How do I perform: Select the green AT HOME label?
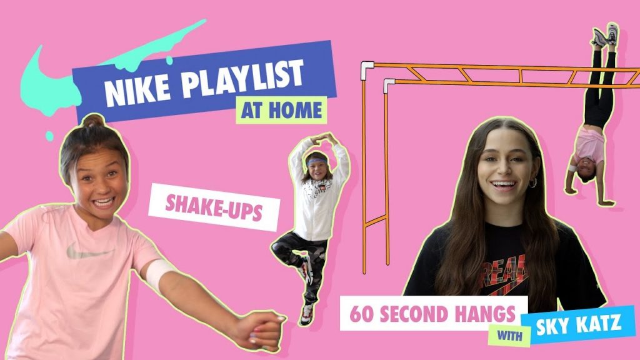[x=282, y=110]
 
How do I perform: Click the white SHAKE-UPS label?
[x=214, y=207]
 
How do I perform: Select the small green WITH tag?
[x=509, y=336]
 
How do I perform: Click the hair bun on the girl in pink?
[x=93, y=121]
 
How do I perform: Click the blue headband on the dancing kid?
[x=317, y=161]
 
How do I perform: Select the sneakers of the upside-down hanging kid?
[x=605, y=34]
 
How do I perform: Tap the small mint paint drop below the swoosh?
[x=49, y=136]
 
